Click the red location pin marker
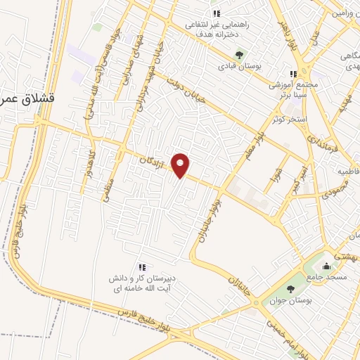pyautogui.click(x=181, y=165)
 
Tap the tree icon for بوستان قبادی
pyautogui.click(x=239, y=54)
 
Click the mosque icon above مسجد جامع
pyautogui.click(x=326, y=266)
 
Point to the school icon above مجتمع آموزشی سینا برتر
pyautogui.click(x=294, y=74)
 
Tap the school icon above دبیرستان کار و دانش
pyautogui.click(x=143, y=266)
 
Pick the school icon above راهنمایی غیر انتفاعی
pyautogui.click(x=216, y=13)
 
